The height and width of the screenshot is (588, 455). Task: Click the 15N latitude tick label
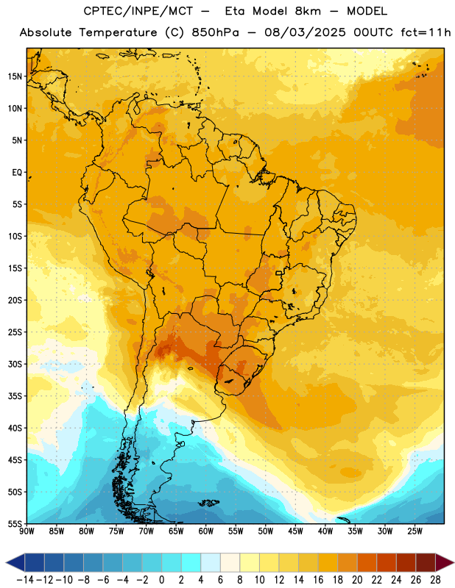[x=15, y=76]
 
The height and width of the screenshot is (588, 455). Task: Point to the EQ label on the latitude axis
[x=17, y=173]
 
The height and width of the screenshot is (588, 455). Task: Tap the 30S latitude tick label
[x=15, y=364]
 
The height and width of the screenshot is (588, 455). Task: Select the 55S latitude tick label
[x=15, y=524]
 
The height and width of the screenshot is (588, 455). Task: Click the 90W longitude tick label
[x=27, y=531]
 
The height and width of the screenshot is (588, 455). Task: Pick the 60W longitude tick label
[x=206, y=531]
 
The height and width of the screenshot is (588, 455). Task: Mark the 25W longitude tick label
[x=415, y=531]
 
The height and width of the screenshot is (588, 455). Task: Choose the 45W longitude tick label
[x=296, y=531]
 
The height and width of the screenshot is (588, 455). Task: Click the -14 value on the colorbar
[x=25, y=580]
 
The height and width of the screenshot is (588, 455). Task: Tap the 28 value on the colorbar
[x=435, y=580]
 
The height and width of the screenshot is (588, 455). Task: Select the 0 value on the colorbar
[x=161, y=580]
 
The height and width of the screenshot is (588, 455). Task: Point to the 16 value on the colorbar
[x=318, y=580]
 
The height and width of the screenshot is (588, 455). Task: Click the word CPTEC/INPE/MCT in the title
[x=138, y=11]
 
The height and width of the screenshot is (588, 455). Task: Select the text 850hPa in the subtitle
[x=215, y=32]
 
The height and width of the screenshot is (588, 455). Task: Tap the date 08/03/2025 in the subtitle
[x=305, y=32]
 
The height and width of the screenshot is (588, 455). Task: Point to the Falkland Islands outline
[x=209, y=503]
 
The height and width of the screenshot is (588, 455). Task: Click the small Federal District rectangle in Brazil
[x=279, y=273]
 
